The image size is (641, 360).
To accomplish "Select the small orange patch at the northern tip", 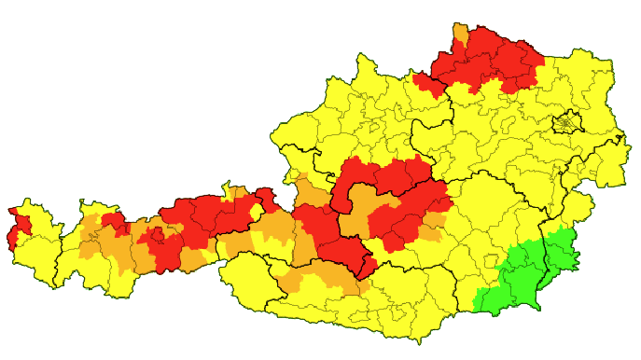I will tap(461, 35).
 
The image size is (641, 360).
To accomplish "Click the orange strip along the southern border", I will tap(322, 277).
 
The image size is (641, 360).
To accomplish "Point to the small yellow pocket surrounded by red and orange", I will tap(255, 212).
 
